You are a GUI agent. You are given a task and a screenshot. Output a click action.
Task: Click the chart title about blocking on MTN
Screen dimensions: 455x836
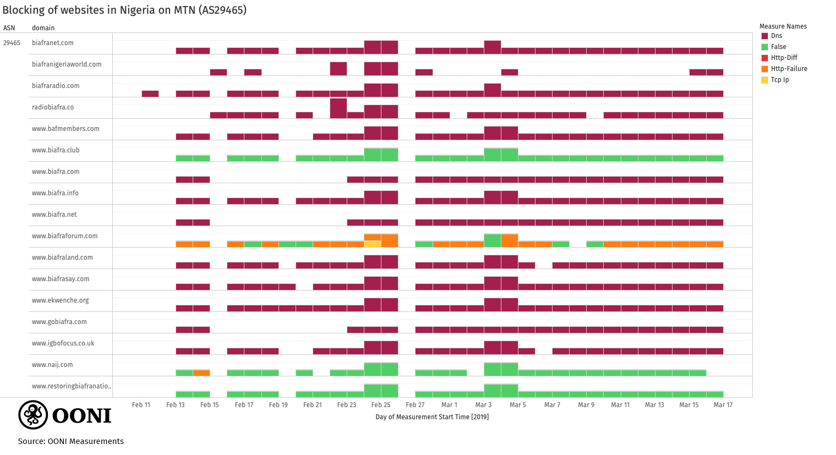124,10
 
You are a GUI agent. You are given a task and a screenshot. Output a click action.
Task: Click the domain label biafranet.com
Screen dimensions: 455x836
53,43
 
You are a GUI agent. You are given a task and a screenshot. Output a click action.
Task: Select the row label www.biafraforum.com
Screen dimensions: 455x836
64,236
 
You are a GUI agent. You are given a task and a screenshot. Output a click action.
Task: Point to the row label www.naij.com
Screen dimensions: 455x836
52,365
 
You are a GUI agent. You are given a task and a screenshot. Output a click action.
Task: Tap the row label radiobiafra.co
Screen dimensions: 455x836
53,107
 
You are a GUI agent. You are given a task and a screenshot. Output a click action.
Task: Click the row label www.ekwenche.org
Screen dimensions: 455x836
60,300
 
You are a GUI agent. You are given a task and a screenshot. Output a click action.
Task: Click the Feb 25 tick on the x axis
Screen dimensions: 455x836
381,405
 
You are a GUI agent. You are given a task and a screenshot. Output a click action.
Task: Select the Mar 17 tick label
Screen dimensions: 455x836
723,405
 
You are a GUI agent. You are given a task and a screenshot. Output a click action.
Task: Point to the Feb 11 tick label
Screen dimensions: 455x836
141,405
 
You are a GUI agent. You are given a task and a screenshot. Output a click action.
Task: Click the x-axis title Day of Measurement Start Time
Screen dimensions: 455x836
432,417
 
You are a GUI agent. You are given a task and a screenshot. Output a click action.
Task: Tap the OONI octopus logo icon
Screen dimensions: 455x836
33,415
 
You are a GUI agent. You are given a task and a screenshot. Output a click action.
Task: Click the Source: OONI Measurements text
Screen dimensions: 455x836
70,441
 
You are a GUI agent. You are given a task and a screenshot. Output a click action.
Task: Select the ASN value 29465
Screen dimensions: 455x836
12,43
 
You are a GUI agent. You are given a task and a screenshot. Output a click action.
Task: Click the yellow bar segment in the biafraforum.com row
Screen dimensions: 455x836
372,244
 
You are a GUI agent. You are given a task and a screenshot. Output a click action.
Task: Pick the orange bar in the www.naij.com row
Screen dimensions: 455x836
201,372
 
